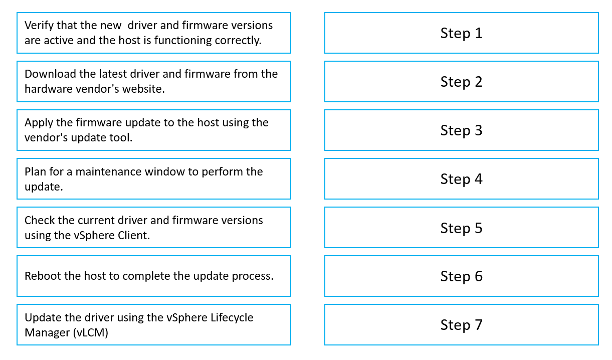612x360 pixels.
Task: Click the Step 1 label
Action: tap(461, 34)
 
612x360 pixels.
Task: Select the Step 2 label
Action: tap(461, 82)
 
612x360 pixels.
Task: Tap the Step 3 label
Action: tap(461, 130)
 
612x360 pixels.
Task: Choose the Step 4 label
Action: tap(461, 179)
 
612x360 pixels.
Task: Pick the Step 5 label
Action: tap(461, 228)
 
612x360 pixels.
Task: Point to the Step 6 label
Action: tap(461, 276)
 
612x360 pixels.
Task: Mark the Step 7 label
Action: tap(461, 325)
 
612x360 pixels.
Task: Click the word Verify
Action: tap(39, 26)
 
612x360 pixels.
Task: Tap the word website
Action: tap(143, 89)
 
